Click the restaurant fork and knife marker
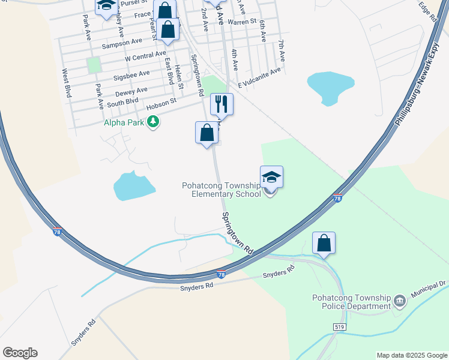(221, 105)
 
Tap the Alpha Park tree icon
(154, 123)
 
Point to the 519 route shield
(340, 326)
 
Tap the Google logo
(20, 352)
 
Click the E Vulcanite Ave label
(259, 77)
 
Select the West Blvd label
(66, 83)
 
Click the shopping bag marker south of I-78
(324, 243)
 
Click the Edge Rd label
(427, 12)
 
